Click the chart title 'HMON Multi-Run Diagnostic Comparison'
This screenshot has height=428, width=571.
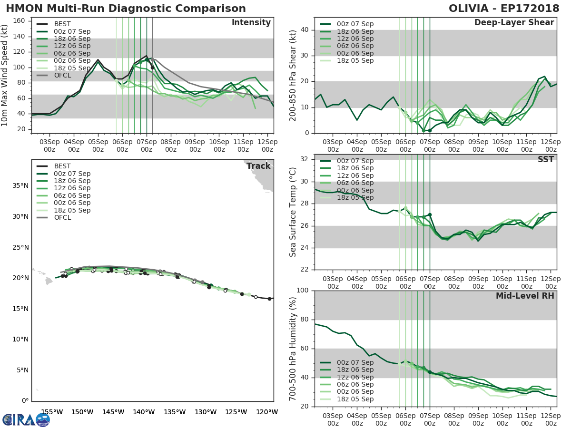[x=126, y=9]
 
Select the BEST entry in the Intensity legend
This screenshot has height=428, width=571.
[x=62, y=24]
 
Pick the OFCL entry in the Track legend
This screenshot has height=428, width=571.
[x=62, y=217]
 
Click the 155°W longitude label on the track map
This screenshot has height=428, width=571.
[x=52, y=412]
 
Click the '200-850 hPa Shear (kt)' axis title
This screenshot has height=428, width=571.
[x=293, y=75]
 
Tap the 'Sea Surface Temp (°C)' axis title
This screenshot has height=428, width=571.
[x=293, y=212]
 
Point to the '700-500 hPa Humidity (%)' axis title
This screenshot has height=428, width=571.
[x=293, y=348]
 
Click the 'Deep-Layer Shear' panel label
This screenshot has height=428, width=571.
[x=514, y=23]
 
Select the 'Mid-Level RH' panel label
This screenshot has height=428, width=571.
[x=525, y=296]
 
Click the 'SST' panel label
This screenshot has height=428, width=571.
[x=545, y=159]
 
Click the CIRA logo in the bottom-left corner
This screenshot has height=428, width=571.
[x=26, y=419]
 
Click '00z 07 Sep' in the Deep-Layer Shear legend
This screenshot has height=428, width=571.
[x=355, y=24]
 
